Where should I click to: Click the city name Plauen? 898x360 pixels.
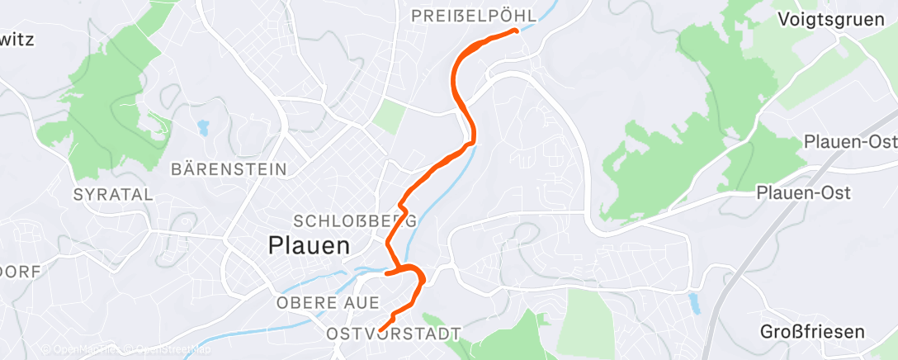310,245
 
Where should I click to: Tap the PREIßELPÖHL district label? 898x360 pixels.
474,16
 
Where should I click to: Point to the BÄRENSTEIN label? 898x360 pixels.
229,169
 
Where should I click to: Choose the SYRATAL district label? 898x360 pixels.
113,195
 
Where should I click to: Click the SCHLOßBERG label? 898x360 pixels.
355,221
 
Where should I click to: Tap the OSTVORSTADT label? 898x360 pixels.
393,334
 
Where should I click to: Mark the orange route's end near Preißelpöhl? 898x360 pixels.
516,31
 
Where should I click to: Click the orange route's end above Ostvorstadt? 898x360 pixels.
380,330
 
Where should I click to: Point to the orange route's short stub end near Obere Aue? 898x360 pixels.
385,272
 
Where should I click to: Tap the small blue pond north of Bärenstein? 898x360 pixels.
202,128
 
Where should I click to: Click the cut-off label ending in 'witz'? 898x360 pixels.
17,40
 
